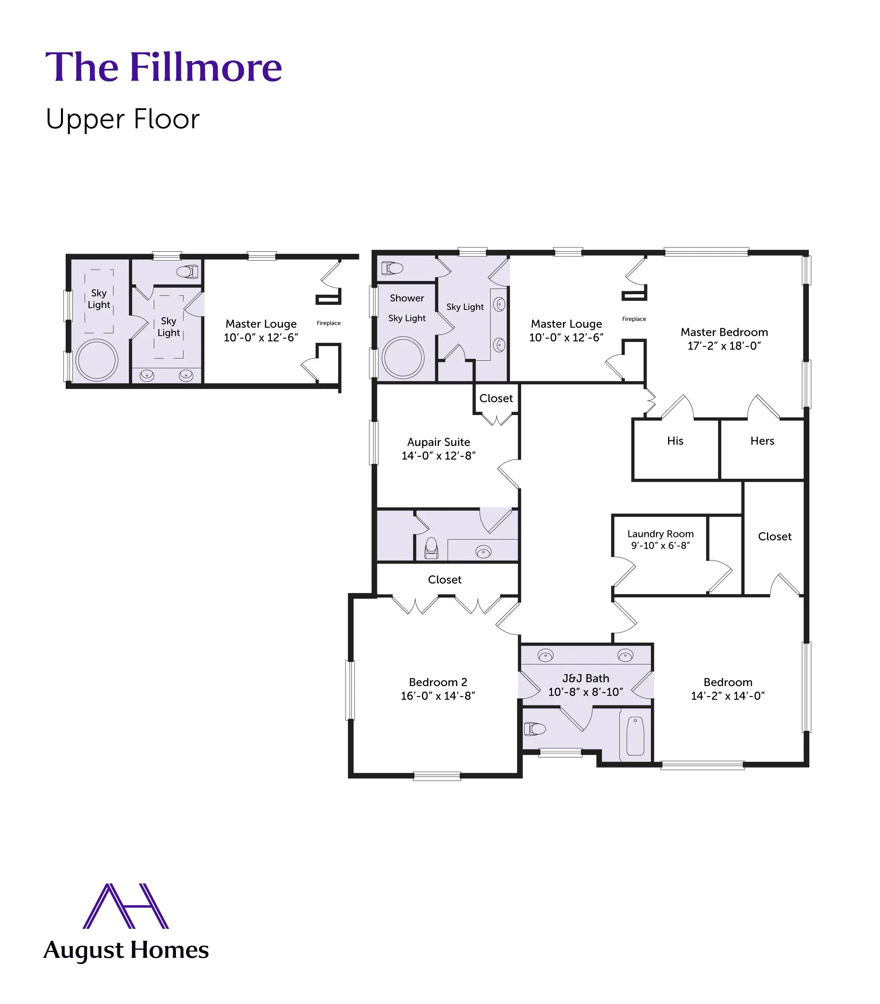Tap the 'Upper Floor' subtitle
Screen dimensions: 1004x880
122,119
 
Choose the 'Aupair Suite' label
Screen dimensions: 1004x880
439,442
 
